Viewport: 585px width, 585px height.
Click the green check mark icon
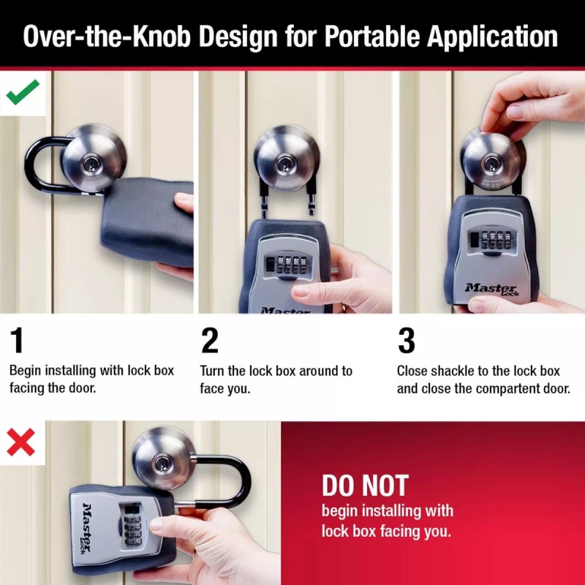[x=23, y=92]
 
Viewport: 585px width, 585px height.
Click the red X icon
[x=21, y=441]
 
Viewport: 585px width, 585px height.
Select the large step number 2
[x=210, y=341]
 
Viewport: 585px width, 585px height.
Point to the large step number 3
[x=406, y=341]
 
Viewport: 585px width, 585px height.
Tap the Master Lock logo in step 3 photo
[x=490, y=289]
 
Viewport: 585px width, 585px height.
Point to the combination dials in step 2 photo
[x=290, y=263]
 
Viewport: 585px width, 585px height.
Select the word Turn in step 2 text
[x=214, y=371]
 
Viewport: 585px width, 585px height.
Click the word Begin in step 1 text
[x=27, y=371]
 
